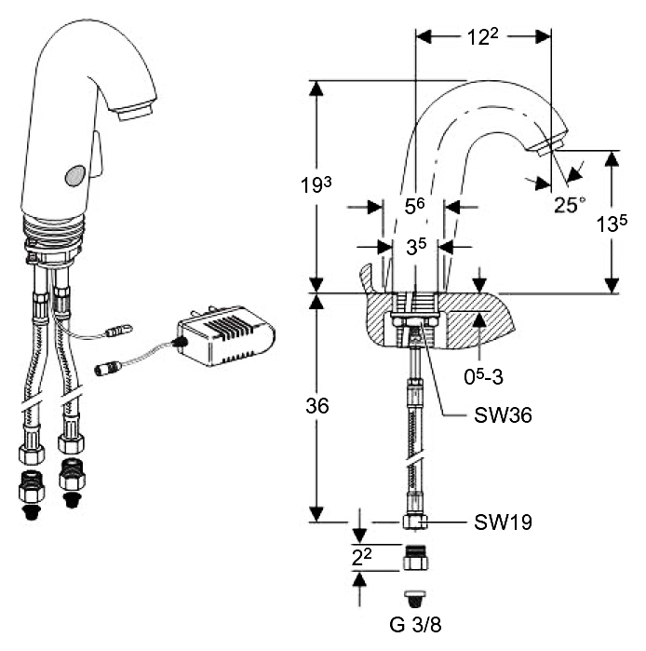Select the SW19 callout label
502,522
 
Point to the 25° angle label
570,204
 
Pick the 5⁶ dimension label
414,205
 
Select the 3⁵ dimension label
414,247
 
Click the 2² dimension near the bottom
365,558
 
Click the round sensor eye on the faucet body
74,174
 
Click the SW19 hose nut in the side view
412,522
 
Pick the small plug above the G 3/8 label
412,596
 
